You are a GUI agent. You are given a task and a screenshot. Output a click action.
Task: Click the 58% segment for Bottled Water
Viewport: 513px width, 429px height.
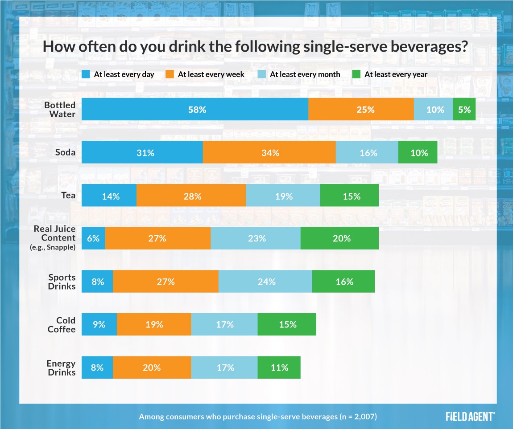[194, 110]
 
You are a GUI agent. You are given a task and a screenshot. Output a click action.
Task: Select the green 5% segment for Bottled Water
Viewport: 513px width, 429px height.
[464, 110]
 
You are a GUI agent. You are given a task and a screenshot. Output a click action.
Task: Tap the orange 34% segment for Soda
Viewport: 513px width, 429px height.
[269, 153]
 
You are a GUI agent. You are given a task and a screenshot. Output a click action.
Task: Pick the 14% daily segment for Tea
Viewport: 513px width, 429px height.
[109, 196]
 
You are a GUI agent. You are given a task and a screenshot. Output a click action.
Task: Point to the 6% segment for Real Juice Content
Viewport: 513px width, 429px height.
[93, 238]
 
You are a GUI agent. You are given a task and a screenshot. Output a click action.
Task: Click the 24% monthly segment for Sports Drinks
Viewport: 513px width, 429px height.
[265, 282]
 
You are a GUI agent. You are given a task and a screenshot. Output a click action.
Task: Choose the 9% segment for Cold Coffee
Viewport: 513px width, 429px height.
[99, 324]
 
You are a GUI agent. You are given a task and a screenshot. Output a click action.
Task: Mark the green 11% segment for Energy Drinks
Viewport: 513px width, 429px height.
[279, 368]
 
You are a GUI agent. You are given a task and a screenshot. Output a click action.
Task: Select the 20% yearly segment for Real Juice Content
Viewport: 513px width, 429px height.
[339, 238]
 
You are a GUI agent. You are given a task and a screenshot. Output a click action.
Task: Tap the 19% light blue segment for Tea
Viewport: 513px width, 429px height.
[283, 196]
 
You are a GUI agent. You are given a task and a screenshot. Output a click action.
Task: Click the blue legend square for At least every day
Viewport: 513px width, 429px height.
[86, 74]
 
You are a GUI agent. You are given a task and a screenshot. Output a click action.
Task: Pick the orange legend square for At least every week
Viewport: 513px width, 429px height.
[170, 74]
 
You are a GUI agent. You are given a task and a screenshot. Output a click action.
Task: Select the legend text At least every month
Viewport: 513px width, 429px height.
[305, 74]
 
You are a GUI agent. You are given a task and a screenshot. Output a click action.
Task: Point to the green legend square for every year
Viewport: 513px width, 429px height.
[356, 74]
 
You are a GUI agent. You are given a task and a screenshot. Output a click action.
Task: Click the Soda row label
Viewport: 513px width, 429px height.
[66, 153]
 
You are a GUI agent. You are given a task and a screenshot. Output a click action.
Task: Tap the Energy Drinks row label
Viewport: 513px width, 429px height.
[61, 368]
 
